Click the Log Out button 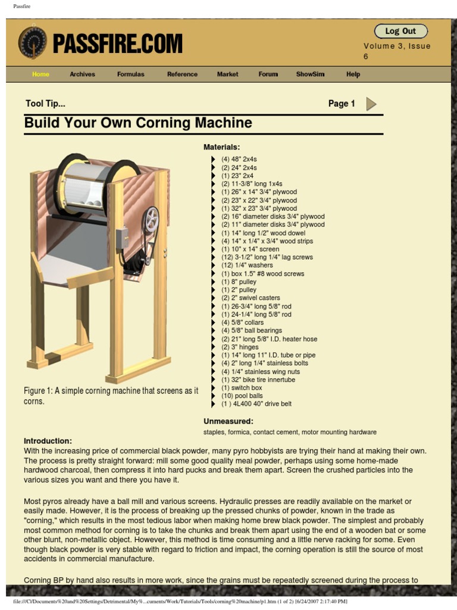tap(400, 31)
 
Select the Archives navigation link tap(82, 74)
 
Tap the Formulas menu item tap(130, 74)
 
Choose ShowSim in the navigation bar tap(310, 74)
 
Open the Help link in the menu tap(353, 74)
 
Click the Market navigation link tap(227, 74)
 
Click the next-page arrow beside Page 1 tap(371, 104)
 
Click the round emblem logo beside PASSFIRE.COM tap(33, 43)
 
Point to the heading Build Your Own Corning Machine tap(138, 123)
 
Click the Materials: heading tap(222, 147)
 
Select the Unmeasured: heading tap(228, 421)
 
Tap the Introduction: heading tap(48, 441)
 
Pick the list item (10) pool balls tap(242, 396)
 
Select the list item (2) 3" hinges tap(240, 347)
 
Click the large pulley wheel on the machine tap(151, 220)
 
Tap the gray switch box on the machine tap(122, 238)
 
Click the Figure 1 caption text tap(111, 396)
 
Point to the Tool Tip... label tap(45, 104)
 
